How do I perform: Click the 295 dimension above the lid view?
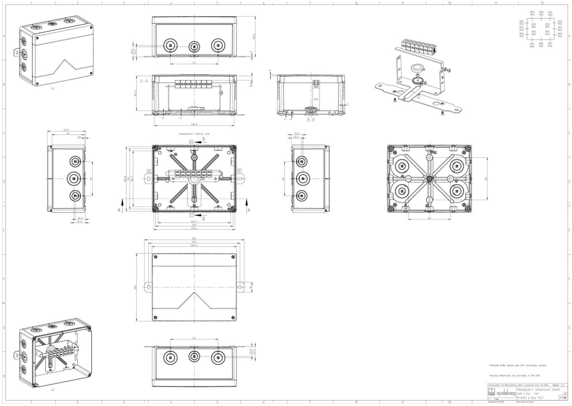[x=194, y=239]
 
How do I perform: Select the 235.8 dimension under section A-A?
[x=194, y=125]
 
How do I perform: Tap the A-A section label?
[x=144, y=81]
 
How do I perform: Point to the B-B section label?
[x=311, y=120]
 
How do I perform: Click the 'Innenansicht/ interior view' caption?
[x=194, y=134]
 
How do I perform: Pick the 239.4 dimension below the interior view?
[x=194, y=228]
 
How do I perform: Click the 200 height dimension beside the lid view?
[x=135, y=287]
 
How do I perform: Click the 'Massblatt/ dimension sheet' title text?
[x=538, y=390]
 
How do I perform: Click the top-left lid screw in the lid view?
[x=154, y=257]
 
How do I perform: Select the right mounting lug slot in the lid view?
[x=241, y=287]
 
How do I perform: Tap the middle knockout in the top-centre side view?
[x=194, y=46]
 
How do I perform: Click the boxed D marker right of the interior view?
[x=239, y=170]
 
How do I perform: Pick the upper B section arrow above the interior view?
[x=199, y=141]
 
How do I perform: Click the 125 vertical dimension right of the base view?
[x=486, y=178]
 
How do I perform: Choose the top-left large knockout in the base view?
[x=402, y=166]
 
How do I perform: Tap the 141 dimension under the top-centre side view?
[x=194, y=63]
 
